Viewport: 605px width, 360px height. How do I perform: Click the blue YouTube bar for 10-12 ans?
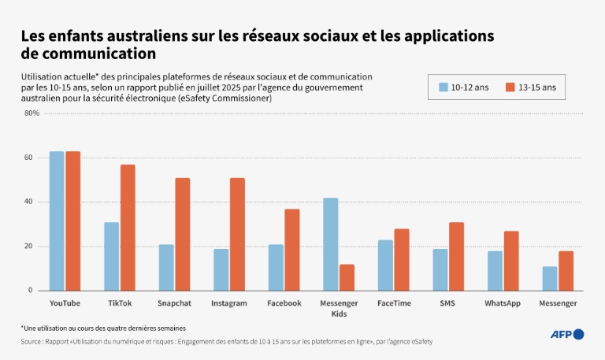click(x=57, y=221)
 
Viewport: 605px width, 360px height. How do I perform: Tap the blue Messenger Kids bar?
click(x=331, y=243)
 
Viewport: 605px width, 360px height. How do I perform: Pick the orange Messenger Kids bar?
click(x=347, y=277)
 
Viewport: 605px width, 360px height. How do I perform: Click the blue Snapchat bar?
click(x=166, y=267)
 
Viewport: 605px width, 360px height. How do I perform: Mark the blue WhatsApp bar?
click(x=495, y=270)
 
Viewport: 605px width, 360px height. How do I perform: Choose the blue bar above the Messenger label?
click(x=550, y=278)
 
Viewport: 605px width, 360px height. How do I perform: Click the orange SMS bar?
click(x=456, y=256)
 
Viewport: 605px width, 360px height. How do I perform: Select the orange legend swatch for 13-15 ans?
click(x=509, y=87)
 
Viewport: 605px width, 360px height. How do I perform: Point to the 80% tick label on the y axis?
click(x=32, y=113)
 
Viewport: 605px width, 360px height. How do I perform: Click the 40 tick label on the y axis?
click(x=29, y=202)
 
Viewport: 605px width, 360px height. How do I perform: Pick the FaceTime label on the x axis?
click(x=393, y=303)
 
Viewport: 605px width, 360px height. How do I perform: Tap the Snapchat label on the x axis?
click(x=174, y=303)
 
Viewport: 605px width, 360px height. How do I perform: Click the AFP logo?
click(x=567, y=335)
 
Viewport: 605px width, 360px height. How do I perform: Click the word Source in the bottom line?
click(x=32, y=342)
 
